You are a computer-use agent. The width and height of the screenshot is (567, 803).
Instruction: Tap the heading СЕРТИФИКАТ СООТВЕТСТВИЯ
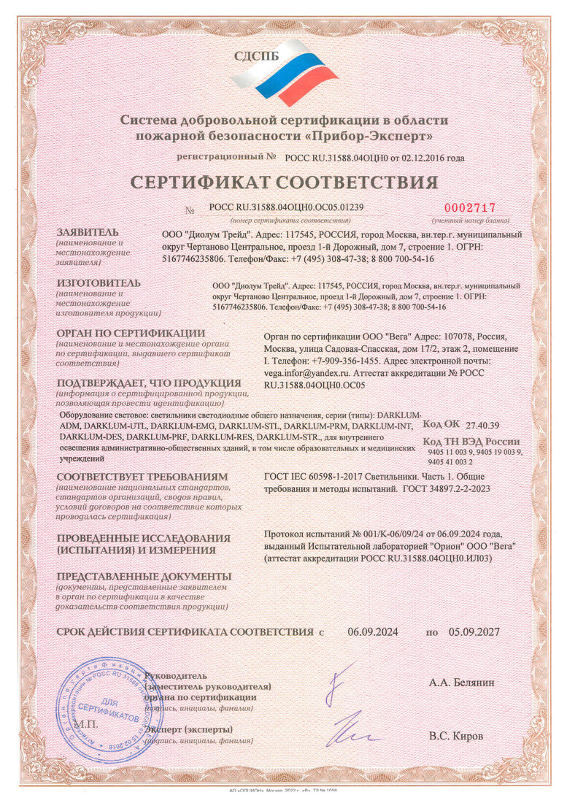pos(283,182)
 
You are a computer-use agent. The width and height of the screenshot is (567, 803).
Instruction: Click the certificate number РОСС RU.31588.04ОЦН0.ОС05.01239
pos(286,207)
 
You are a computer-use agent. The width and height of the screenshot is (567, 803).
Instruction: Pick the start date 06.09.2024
pos(372,631)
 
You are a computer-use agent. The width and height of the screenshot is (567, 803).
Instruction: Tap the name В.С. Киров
pos(456,735)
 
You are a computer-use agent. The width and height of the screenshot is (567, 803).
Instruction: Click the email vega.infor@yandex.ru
pos(302,371)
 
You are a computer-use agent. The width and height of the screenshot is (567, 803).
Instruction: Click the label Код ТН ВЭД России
pos(471,441)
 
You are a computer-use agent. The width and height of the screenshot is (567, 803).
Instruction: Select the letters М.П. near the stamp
pos(70,724)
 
